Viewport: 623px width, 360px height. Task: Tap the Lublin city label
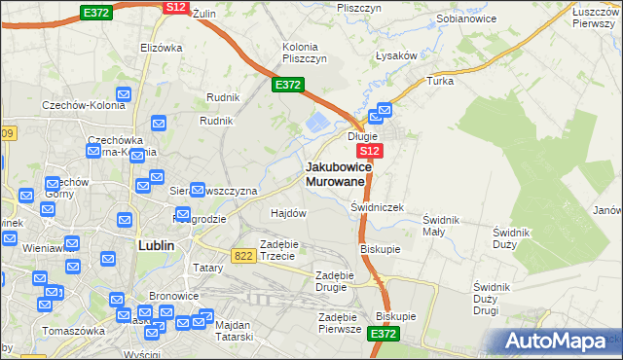coord(156,246)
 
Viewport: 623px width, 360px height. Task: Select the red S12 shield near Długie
coord(370,153)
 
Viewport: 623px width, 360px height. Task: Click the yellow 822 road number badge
coord(244,254)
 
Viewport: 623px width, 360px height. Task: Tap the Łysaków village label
coord(397,55)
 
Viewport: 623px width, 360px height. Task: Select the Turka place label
coord(440,81)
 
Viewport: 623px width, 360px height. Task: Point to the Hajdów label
coord(288,212)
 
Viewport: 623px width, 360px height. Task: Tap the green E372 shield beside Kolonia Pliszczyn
coord(287,86)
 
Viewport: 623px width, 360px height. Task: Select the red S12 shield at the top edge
coord(175,7)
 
